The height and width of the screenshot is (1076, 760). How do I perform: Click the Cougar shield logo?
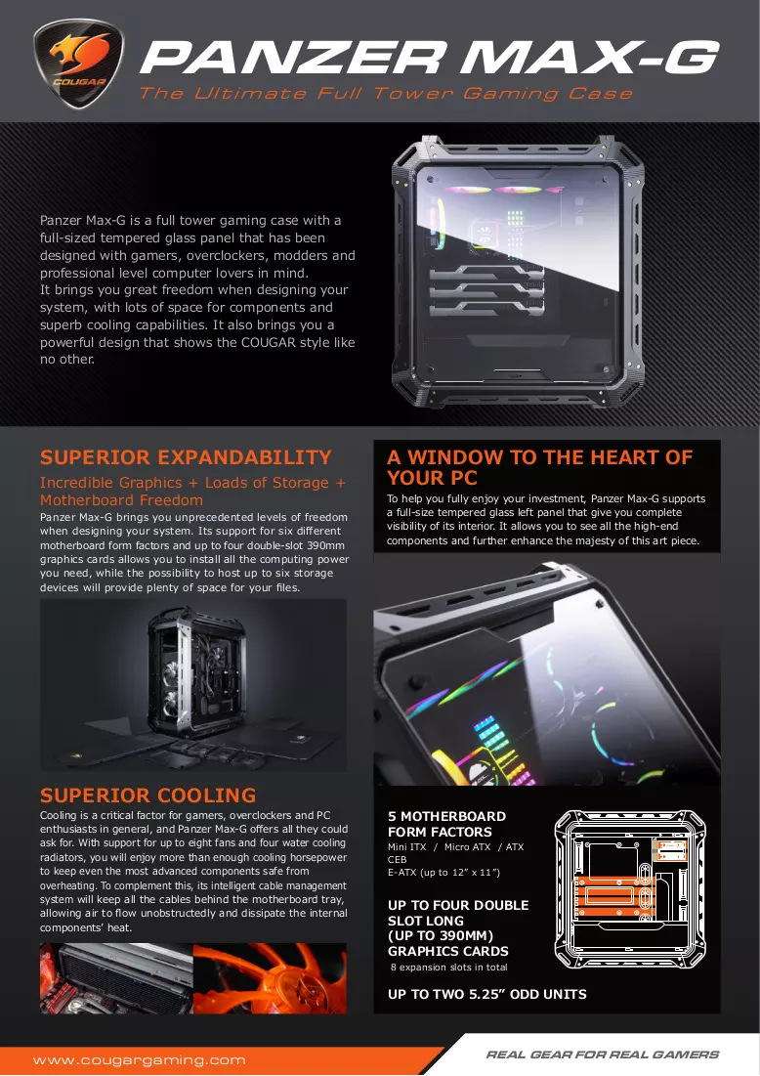79,63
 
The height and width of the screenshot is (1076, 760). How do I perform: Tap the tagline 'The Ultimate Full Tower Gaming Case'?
386,93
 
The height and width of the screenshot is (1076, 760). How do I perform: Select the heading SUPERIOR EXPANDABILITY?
186,457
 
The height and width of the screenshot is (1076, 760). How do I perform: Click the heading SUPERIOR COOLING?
148,796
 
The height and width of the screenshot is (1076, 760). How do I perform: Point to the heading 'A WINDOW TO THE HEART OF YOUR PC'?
540,467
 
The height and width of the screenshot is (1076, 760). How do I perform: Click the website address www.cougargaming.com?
140,1060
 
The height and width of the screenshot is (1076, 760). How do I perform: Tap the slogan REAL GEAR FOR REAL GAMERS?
603,1054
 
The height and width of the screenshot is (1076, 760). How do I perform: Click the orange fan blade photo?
270,978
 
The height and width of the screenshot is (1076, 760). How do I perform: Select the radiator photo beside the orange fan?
116,978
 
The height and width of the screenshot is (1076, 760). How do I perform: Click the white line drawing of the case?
630,888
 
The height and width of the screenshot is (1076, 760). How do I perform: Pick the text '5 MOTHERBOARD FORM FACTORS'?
446,824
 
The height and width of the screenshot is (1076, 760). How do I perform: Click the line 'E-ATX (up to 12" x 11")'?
443,872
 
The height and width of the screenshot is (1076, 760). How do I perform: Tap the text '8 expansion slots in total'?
448,967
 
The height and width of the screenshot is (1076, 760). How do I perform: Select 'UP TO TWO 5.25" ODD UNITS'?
487,994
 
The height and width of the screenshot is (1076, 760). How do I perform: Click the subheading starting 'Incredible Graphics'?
192,492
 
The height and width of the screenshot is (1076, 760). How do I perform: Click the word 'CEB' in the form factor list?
398,859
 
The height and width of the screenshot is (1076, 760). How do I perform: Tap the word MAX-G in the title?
589,57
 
